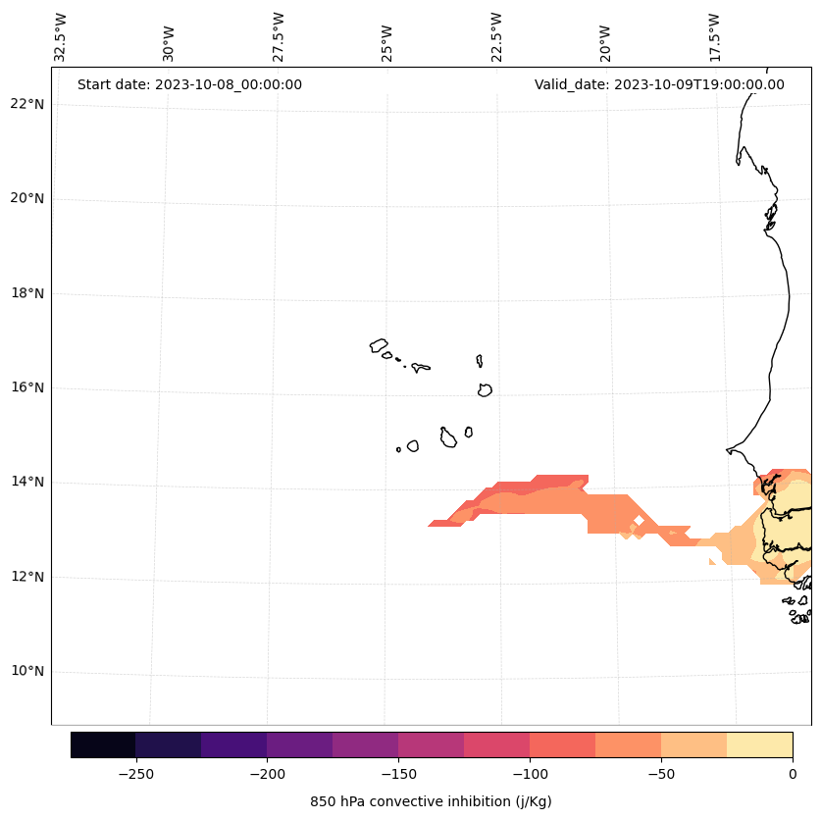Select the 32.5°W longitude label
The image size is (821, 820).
click(x=61, y=38)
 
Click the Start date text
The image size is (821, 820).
click(x=189, y=84)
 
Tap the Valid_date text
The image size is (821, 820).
click(x=659, y=84)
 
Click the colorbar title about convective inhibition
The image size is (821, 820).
click(x=431, y=801)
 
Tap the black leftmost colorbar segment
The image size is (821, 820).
click(x=103, y=744)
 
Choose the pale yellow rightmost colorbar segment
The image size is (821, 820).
click(x=759, y=744)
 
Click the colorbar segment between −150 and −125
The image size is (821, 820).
click(x=431, y=744)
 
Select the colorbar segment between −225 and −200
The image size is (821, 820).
click(x=233, y=744)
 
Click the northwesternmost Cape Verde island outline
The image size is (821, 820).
click(x=379, y=345)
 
